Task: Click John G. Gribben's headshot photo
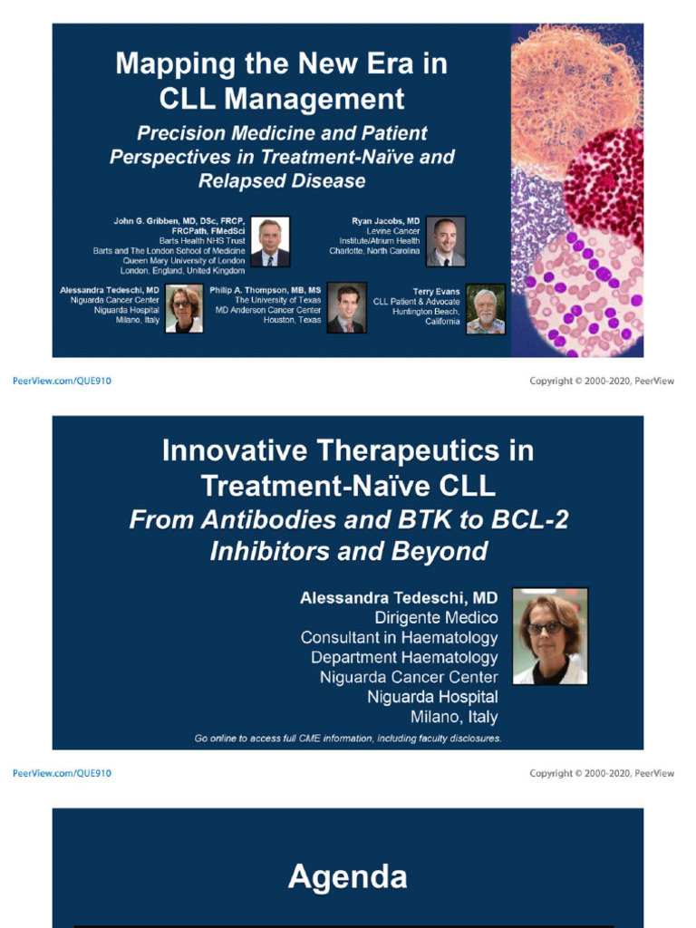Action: [270, 241]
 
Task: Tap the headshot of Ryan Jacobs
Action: [445, 241]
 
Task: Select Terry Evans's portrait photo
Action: [485, 308]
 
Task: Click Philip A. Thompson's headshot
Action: [346, 308]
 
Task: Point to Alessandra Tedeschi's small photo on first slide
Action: [184, 308]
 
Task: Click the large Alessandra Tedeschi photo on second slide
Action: [550, 635]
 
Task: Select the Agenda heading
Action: [347, 876]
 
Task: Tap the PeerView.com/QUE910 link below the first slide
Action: [62, 382]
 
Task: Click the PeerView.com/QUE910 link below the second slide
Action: [62, 773]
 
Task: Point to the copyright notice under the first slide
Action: [602, 382]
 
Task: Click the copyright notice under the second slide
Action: [602, 773]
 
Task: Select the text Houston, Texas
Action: [292, 320]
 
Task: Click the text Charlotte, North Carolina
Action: [374, 251]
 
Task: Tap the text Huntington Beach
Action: [426, 311]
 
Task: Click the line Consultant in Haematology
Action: [399, 637]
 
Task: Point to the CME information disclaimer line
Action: [348, 739]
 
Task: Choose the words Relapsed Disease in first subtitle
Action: [282, 180]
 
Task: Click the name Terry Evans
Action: [436, 292]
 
